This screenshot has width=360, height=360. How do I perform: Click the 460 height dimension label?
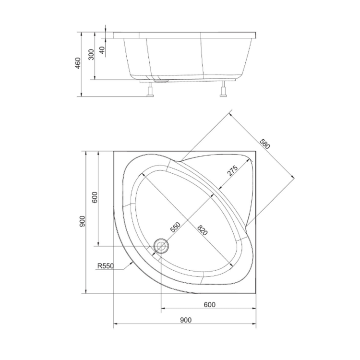[78, 63]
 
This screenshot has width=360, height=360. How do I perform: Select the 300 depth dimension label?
[91, 54]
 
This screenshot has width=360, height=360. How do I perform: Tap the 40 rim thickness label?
[102, 50]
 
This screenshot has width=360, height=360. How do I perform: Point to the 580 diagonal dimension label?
[264, 144]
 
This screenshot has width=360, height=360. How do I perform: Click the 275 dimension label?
[232, 170]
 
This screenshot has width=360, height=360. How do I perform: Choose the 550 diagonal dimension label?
[175, 228]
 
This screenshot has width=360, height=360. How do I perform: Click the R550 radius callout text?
[106, 266]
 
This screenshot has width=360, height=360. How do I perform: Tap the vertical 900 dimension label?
[82, 221]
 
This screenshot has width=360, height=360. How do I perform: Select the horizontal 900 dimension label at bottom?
[185, 320]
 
